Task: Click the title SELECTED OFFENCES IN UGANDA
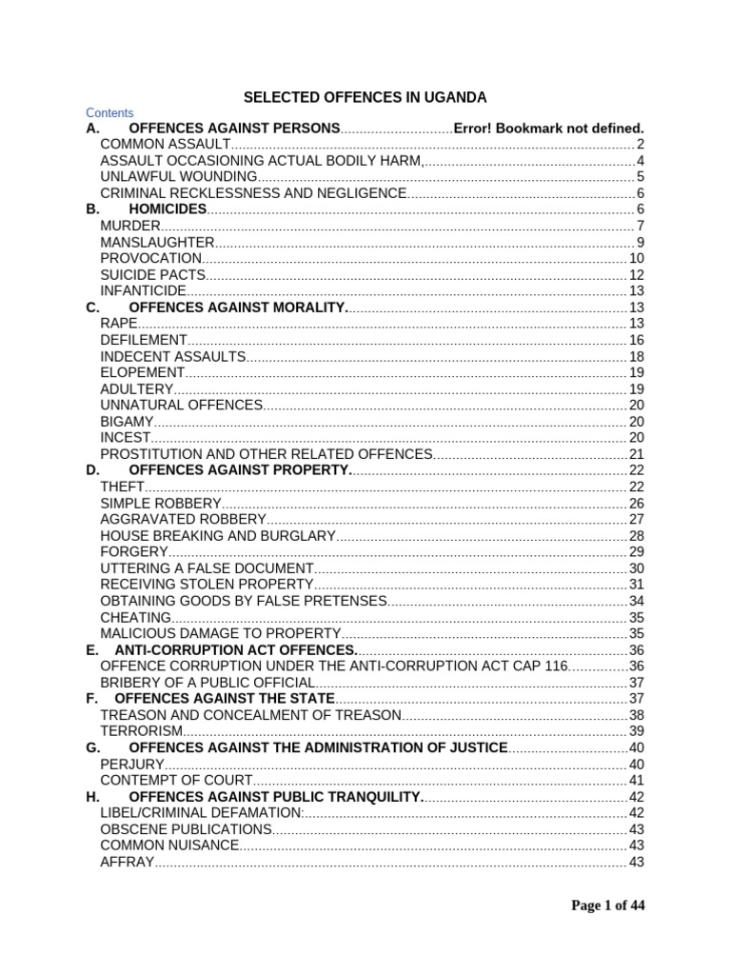365,97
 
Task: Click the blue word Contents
109,112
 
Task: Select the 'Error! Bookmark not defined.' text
549,129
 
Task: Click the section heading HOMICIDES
168,209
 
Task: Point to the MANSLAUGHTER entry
157,242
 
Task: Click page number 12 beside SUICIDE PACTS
637,274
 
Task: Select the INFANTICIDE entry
143,290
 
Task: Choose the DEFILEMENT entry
144,339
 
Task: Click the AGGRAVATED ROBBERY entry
183,518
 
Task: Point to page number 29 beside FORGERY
637,551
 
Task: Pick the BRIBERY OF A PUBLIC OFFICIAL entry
207,683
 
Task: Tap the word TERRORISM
141,730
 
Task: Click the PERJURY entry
132,764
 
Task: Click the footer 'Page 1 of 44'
607,905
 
